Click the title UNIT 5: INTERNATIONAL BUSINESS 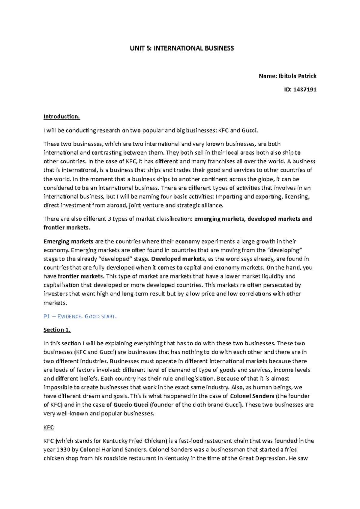point(181,48)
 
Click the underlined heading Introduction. point(61,117)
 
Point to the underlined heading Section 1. point(57,330)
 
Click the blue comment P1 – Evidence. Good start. point(80,317)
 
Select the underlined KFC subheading point(49,427)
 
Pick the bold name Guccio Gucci point(131,405)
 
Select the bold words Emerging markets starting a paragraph point(68,241)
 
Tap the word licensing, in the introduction point(297,197)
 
